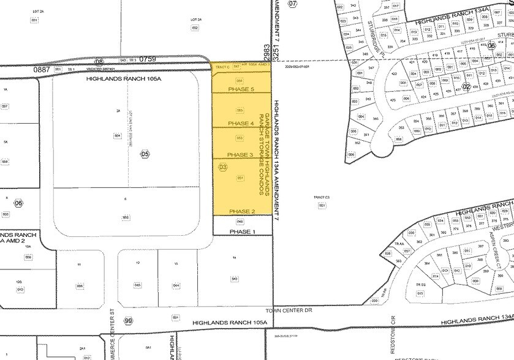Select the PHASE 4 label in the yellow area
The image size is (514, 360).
click(x=241, y=123)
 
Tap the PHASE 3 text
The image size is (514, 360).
click(x=241, y=155)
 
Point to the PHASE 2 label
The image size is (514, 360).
click(x=241, y=211)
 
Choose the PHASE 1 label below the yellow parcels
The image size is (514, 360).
click(x=241, y=231)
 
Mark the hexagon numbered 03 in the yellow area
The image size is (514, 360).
click(x=222, y=167)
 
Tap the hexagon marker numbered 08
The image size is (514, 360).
click(x=100, y=61)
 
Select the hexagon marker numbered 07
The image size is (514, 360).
click(x=292, y=4)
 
